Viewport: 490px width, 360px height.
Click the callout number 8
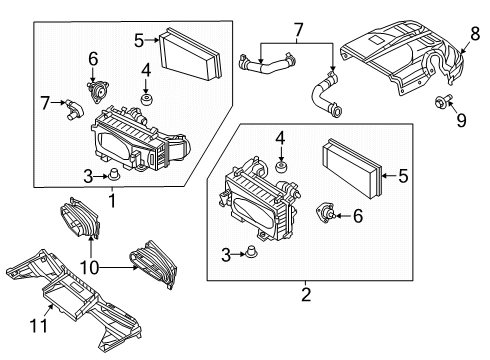[x=475, y=34]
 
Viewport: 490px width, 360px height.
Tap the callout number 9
[x=461, y=120]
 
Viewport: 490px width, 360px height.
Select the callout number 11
[x=39, y=325]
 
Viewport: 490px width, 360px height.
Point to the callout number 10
[x=89, y=267]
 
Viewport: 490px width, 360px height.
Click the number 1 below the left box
[x=112, y=200]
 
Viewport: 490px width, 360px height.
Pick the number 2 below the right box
[x=306, y=294]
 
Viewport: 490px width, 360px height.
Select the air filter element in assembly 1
[x=190, y=54]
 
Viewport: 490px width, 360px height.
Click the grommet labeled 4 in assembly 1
[x=146, y=99]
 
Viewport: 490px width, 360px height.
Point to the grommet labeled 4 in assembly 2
[x=281, y=166]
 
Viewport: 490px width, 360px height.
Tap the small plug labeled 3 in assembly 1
[x=113, y=175]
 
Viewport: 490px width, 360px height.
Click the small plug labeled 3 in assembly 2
[x=251, y=252]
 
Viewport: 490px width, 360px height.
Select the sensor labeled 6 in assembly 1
[x=97, y=91]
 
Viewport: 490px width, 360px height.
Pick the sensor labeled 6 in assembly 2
[x=325, y=214]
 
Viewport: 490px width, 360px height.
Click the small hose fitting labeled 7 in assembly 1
[x=74, y=108]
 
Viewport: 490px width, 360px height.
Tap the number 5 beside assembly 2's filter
[x=403, y=176]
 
